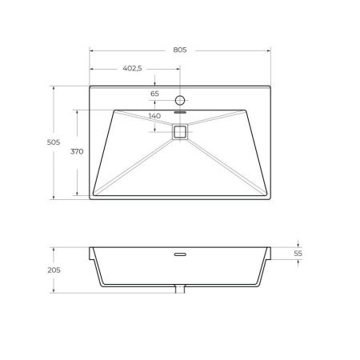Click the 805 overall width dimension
click(179, 50)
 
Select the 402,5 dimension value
click(132, 69)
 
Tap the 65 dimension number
click(155, 94)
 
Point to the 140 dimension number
click(155, 115)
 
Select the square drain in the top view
click(179, 132)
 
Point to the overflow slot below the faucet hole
click(179, 114)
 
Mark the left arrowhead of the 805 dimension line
click(91, 50)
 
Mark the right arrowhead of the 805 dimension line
click(269, 50)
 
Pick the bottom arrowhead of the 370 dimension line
click(78, 194)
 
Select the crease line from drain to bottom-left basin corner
click(136, 163)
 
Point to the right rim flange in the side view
click(270, 254)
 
